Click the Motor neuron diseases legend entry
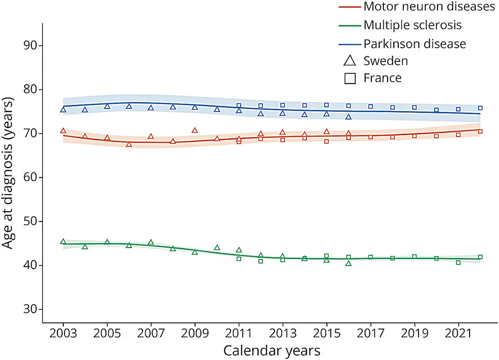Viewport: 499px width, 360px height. point(429,7)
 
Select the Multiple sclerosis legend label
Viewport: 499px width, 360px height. point(413,25)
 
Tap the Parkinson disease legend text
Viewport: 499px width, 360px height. point(415,44)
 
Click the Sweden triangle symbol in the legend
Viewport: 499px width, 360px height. point(350,61)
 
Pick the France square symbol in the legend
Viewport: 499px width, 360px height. point(350,79)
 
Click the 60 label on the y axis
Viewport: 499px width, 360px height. point(30,178)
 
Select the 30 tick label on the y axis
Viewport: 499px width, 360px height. point(30,309)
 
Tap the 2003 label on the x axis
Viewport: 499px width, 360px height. point(63,333)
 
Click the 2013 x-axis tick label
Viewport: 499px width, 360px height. point(283,333)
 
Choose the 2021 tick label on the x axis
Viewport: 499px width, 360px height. point(458,333)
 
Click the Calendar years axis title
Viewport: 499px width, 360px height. point(272,351)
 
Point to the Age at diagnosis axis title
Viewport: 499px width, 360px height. point(7,173)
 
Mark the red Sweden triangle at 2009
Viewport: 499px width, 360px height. point(195,130)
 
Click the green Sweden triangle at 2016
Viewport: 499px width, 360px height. point(348,264)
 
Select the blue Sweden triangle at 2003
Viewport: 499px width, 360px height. point(63,110)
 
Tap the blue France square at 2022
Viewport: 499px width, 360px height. point(480,108)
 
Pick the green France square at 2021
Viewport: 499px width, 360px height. point(458,263)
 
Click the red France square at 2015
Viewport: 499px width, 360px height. point(326,141)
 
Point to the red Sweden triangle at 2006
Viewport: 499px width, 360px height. point(129,144)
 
